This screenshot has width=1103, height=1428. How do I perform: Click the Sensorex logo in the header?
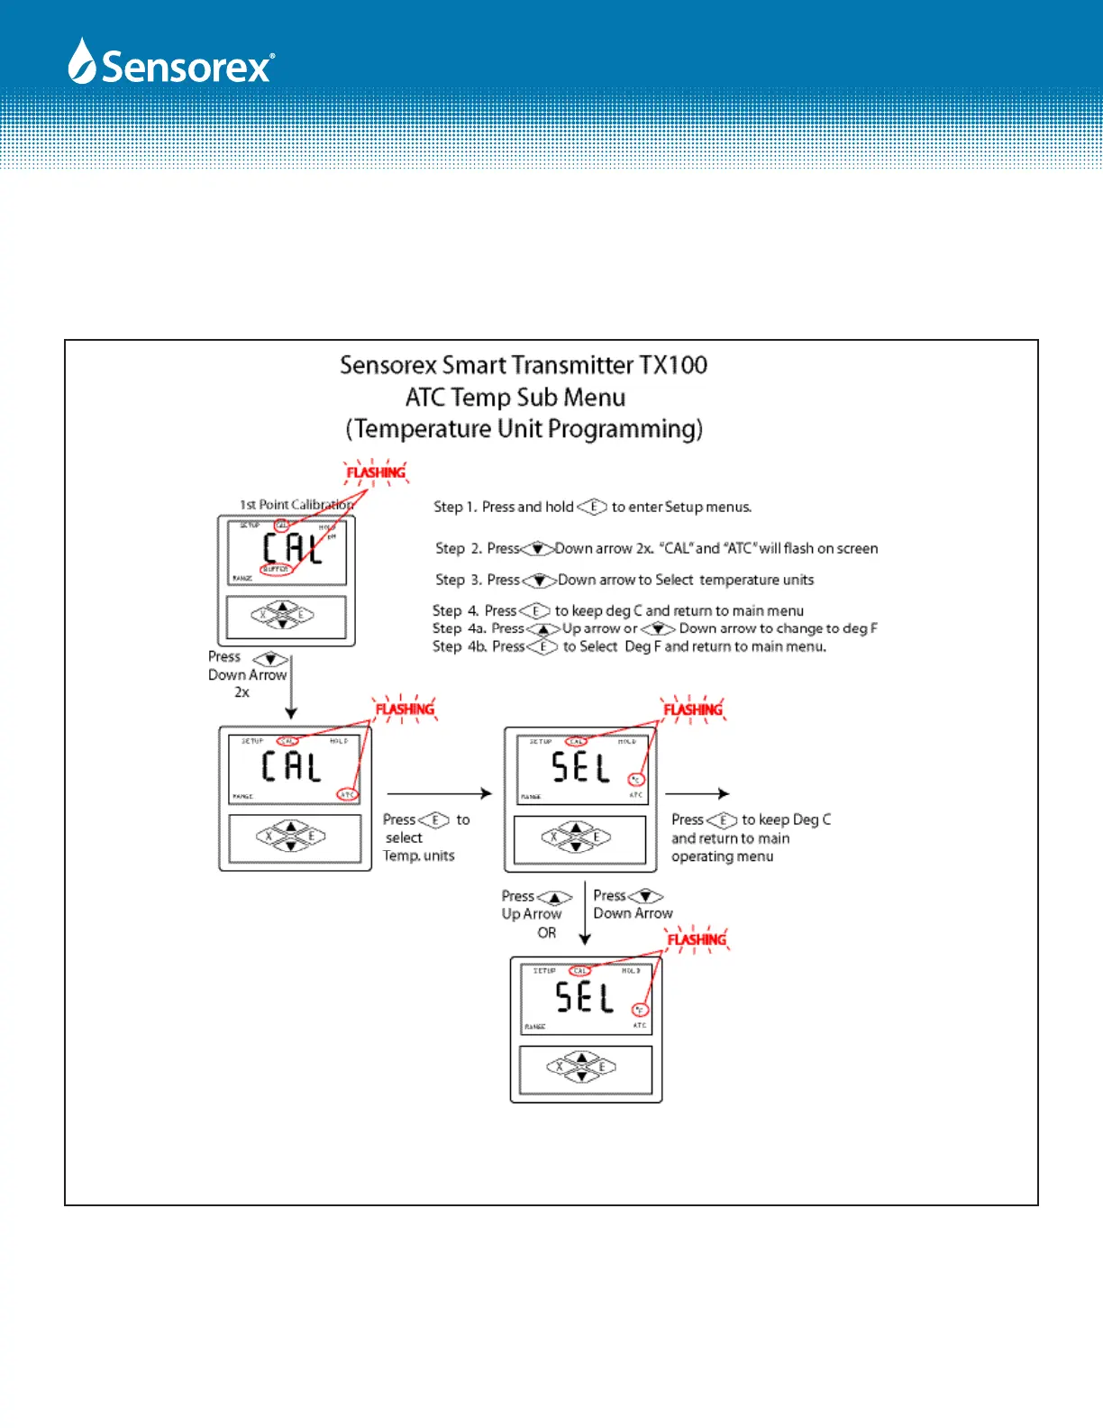pos(171,63)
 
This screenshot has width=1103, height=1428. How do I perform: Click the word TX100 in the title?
pos(673,365)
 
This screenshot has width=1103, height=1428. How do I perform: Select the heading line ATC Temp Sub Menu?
pos(515,398)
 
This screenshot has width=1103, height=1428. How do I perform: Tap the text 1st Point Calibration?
pos(296,505)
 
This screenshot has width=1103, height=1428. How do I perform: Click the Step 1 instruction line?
pos(593,507)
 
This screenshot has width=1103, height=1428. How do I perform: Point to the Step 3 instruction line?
pos(624,580)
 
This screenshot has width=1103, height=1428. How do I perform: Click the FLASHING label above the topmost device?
pos(376,472)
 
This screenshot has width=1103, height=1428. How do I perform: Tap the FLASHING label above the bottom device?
pos(697,939)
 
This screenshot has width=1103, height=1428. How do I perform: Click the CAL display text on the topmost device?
pos(292,548)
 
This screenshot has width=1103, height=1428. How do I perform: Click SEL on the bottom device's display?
pos(584,997)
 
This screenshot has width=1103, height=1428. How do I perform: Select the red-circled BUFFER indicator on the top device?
pos(276,570)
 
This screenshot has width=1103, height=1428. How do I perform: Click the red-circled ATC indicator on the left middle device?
pos(347,794)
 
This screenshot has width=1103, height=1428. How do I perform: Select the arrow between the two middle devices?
pos(439,793)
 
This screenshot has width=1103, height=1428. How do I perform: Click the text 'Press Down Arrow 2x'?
pos(246,674)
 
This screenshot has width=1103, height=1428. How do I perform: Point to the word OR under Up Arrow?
pos(547,933)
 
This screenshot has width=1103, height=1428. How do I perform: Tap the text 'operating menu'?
pos(722,856)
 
